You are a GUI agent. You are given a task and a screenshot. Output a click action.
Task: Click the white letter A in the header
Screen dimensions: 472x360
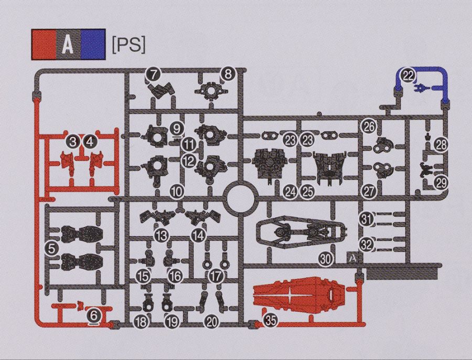68,45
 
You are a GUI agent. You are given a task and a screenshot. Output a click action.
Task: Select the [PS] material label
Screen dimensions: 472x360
128,45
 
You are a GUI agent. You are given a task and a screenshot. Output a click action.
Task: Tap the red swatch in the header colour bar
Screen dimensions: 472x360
44,45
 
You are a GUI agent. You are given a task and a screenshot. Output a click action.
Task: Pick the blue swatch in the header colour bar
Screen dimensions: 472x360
93,45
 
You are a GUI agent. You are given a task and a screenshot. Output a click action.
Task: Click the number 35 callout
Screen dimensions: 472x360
271,321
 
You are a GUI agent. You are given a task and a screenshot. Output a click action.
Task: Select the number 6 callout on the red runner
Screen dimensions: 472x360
94,316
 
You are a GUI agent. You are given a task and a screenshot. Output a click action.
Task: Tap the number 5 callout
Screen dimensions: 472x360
51,249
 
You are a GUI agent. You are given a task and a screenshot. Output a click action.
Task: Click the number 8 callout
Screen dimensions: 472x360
228,74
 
